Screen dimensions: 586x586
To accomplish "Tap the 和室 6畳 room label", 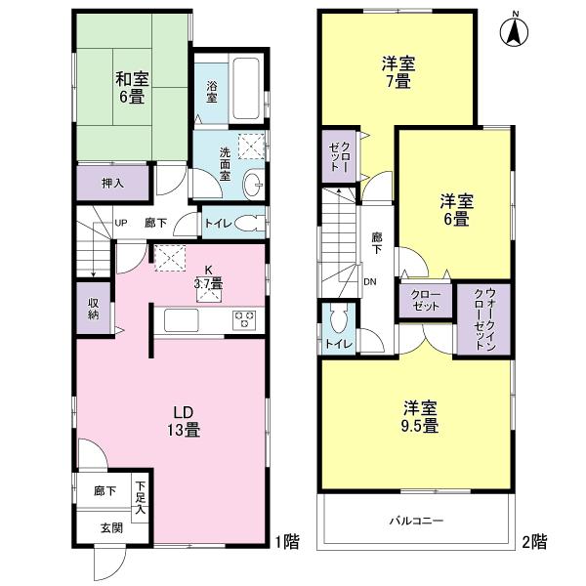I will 132,88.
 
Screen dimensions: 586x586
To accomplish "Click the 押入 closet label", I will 113,182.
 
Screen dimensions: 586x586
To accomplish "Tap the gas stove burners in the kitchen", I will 243,319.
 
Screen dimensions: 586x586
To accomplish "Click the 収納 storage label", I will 94,308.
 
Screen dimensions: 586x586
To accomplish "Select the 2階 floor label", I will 533,540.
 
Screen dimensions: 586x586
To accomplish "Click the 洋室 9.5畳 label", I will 418,417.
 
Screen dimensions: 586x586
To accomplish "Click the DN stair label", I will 370,283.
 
